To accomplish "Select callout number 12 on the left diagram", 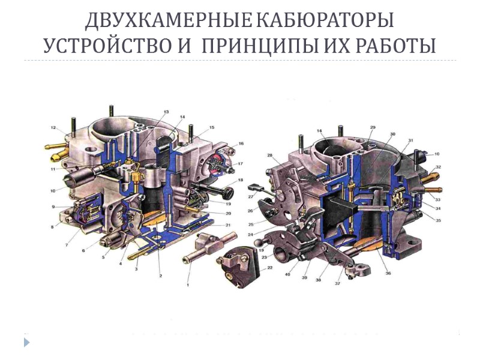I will point(53,128).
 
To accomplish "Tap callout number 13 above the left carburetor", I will point(166,112).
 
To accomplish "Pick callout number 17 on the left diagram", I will point(240,163).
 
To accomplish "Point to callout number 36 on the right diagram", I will point(388,273).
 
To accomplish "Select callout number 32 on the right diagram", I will point(439,167).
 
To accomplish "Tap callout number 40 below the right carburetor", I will point(287,274).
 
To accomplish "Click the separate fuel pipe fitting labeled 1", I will point(203,247).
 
